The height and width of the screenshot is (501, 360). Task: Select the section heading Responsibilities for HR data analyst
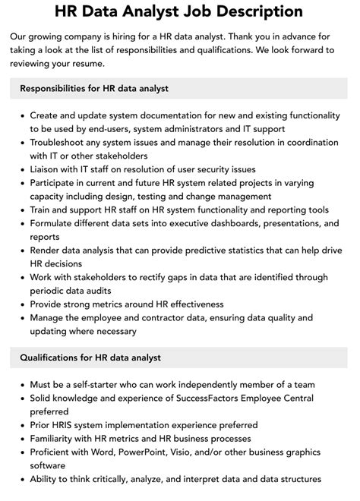(x=95, y=88)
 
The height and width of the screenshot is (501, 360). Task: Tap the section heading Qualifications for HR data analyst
(x=90, y=358)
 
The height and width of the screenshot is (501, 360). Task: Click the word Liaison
(x=47, y=169)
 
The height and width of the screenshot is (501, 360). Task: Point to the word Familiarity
(x=56, y=439)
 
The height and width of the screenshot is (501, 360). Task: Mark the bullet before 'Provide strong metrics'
(x=20, y=304)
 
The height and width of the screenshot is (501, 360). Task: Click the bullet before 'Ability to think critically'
(x=20, y=480)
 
